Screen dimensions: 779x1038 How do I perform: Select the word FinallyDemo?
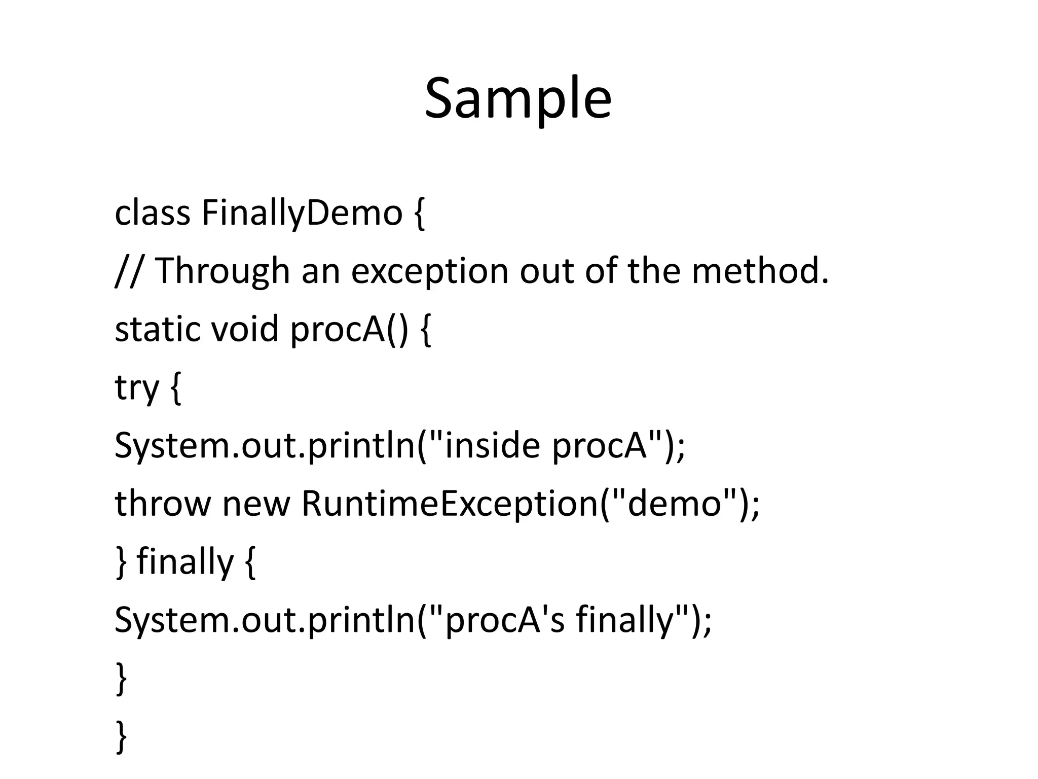pos(302,213)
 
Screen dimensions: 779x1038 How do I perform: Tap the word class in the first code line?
pos(152,213)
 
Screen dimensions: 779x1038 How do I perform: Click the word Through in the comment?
pos(222,271)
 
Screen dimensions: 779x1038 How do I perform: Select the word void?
pos(245,329)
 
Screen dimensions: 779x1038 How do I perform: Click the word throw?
pos(162,504)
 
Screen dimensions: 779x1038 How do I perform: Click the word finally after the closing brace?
pos(185,562)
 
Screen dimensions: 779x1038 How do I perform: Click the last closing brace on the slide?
pos(121,736)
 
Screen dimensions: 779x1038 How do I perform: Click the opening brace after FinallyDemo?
pos(419,214)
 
